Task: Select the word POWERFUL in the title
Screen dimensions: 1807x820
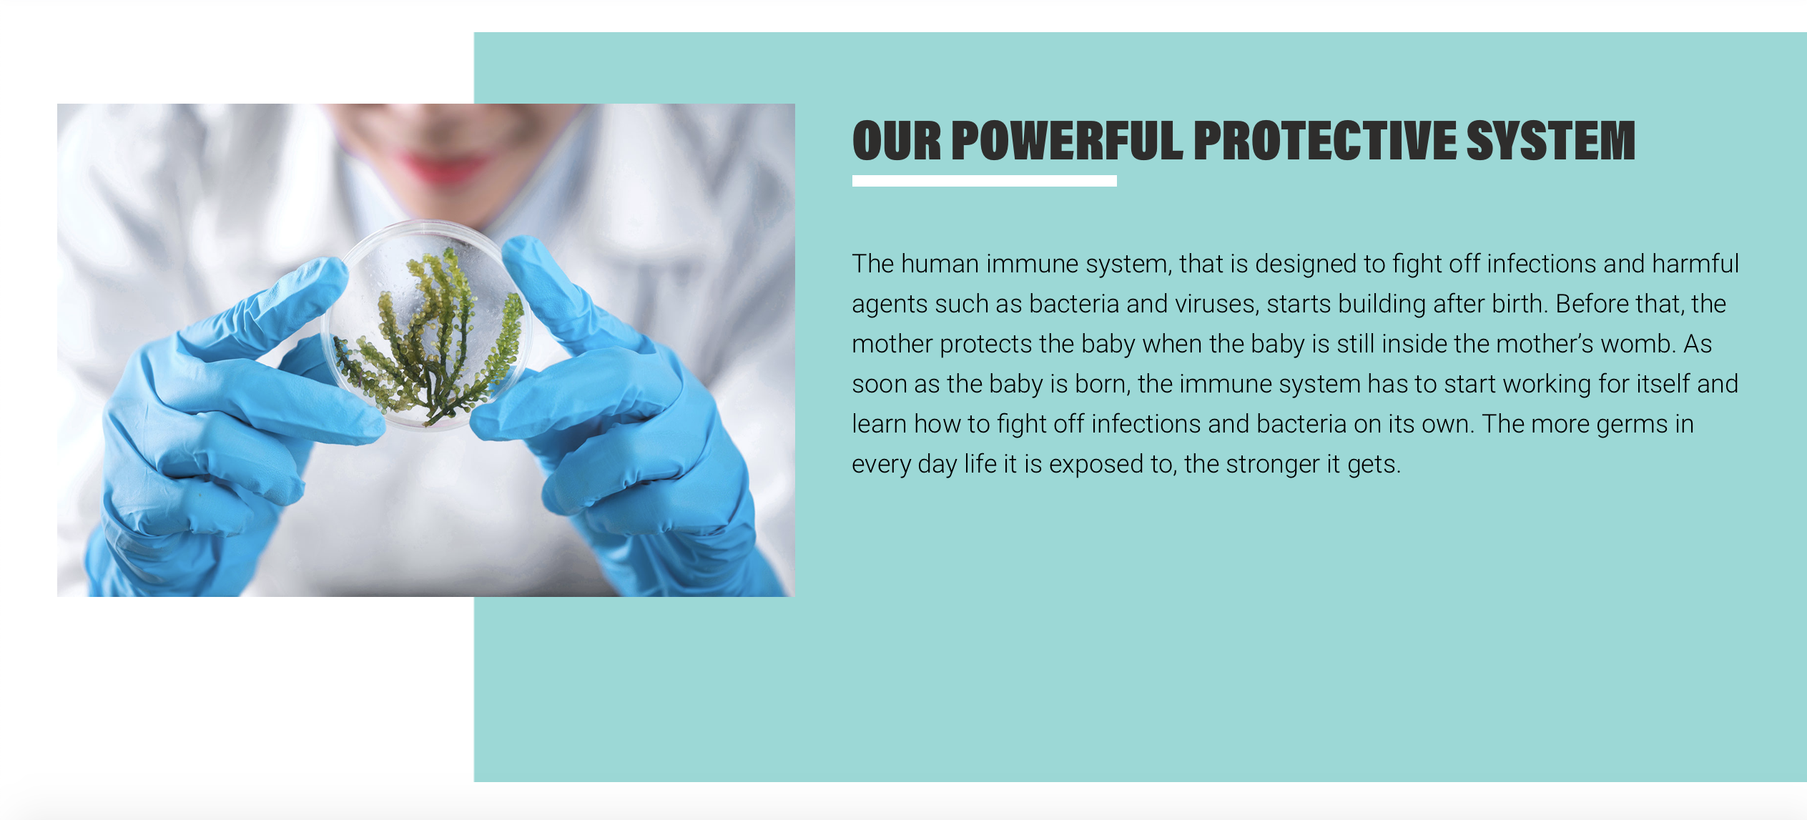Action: point(1068,140)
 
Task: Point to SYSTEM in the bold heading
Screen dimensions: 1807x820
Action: point(1551,140)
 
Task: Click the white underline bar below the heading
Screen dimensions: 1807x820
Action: point(985,181)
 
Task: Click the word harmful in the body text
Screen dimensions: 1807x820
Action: point(1695,264)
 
